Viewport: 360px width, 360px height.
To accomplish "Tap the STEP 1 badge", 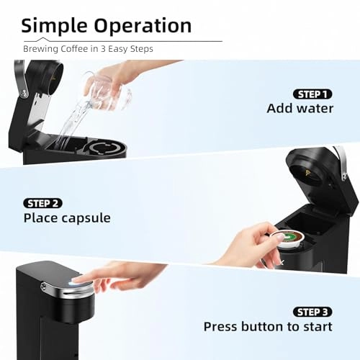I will pyautogui.click(x=312, y=94).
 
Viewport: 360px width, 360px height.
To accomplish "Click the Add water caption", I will pyautogui.click(x=300, y=109).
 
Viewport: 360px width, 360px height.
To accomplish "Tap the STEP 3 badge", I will pyautogui.click(x=312, y=311).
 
